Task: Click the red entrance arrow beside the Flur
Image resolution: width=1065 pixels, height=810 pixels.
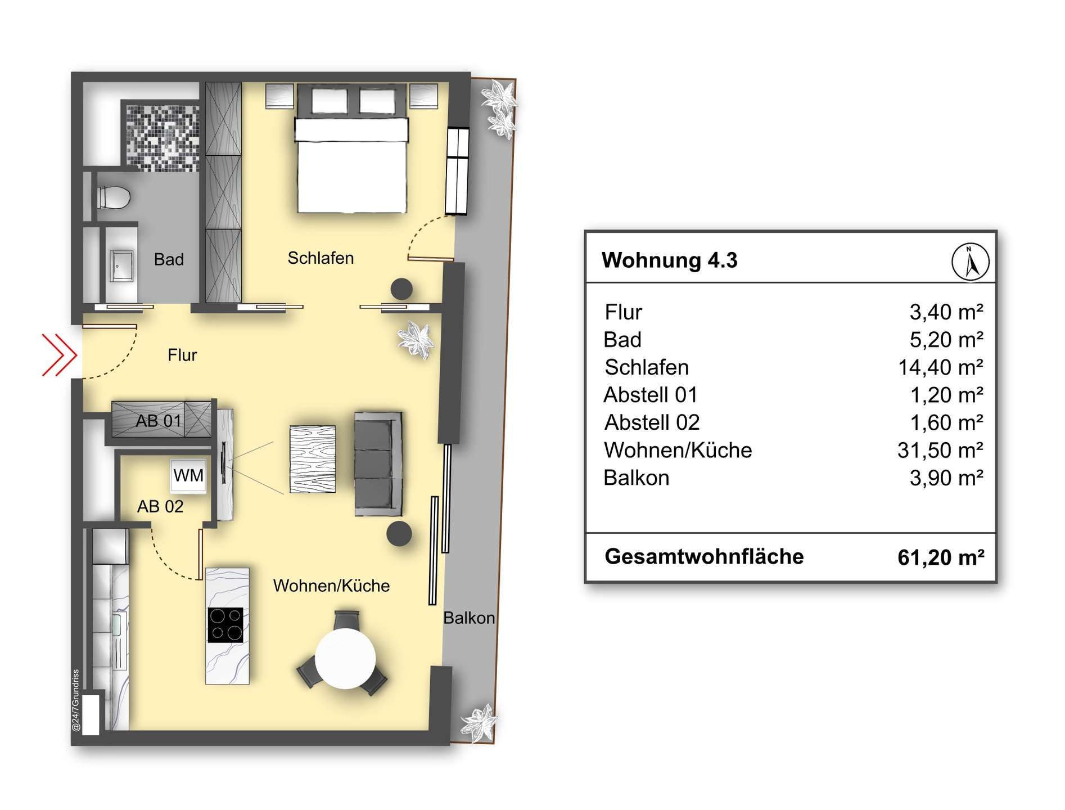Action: click(60, 354)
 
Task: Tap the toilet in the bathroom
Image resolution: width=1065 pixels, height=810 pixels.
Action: click(114, 197)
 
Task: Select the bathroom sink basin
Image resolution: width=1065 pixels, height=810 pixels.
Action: click(121, 266)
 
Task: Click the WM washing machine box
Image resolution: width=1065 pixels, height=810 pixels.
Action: click(188, 476)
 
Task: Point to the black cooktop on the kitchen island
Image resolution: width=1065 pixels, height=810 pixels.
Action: click(226, 624)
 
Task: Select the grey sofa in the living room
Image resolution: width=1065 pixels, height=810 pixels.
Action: click(378, 463)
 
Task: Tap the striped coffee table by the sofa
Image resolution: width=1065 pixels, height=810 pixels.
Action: click(313, 459)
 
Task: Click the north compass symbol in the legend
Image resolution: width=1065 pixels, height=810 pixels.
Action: click(970, 262)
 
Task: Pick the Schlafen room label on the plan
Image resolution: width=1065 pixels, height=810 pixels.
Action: click(321, 258)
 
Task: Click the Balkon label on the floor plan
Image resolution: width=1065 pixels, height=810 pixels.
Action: click(469, 618)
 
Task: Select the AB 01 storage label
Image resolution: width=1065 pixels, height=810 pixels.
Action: click(159, 421)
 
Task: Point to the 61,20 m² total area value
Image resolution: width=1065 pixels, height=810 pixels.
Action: click(941, 557)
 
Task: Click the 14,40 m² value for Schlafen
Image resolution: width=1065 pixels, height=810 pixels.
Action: click(941, 367)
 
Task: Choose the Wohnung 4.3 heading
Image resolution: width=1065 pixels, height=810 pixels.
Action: click(669, 260)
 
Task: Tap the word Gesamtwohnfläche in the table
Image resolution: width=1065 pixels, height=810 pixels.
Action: click(704, 556)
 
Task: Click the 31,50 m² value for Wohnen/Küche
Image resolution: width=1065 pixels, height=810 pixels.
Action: click(941, 450)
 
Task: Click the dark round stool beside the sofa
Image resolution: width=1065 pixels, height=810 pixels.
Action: click(399, 533)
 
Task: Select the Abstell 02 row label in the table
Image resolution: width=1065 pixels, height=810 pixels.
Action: click(652, 422)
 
